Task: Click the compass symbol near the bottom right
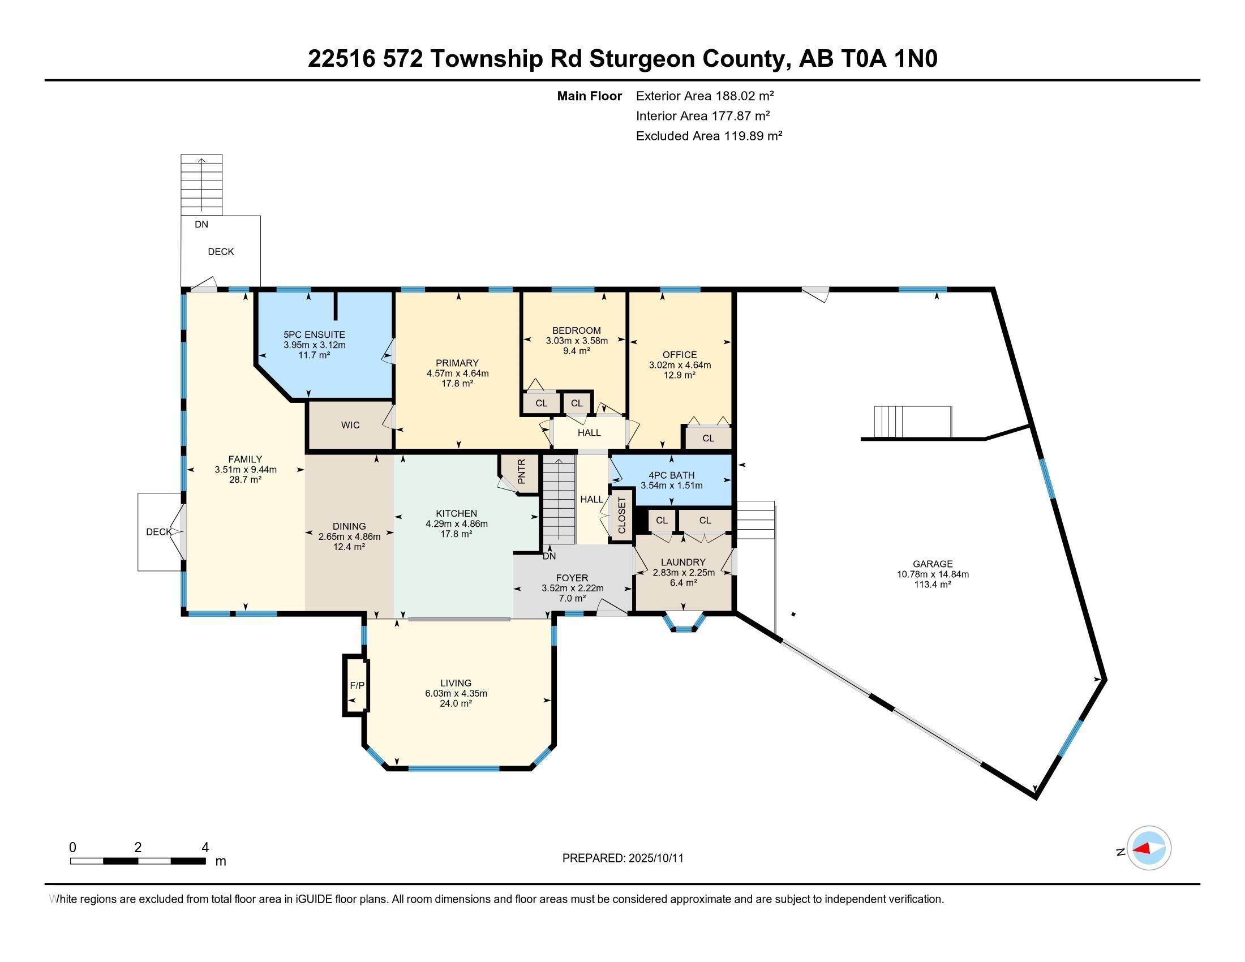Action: [x=1149, y=848]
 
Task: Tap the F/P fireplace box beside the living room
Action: [x=357, y=685]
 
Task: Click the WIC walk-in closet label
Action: [x=350, y=425]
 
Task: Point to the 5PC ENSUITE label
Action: [x=314, y=334]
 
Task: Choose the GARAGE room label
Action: [x=933, y=564]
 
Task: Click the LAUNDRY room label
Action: [x=683, y=562]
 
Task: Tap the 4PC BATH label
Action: [x=672, y=475]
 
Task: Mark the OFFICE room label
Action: [x=680, y=354]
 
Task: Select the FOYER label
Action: [x=572, y=578]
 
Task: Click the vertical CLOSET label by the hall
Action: [x=622, y=515]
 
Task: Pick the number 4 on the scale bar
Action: [x=205, y=848]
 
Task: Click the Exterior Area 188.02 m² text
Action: [x=705, y=96]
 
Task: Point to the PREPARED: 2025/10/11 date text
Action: [x=622, y=858]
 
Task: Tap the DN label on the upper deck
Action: [x=201, y=225]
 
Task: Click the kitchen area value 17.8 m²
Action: [x=457, y=534]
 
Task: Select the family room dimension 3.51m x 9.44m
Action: [x=246, y=470]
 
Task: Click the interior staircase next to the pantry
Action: [x=559, y=499]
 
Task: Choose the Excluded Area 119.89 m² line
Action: [x=709, y=136]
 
